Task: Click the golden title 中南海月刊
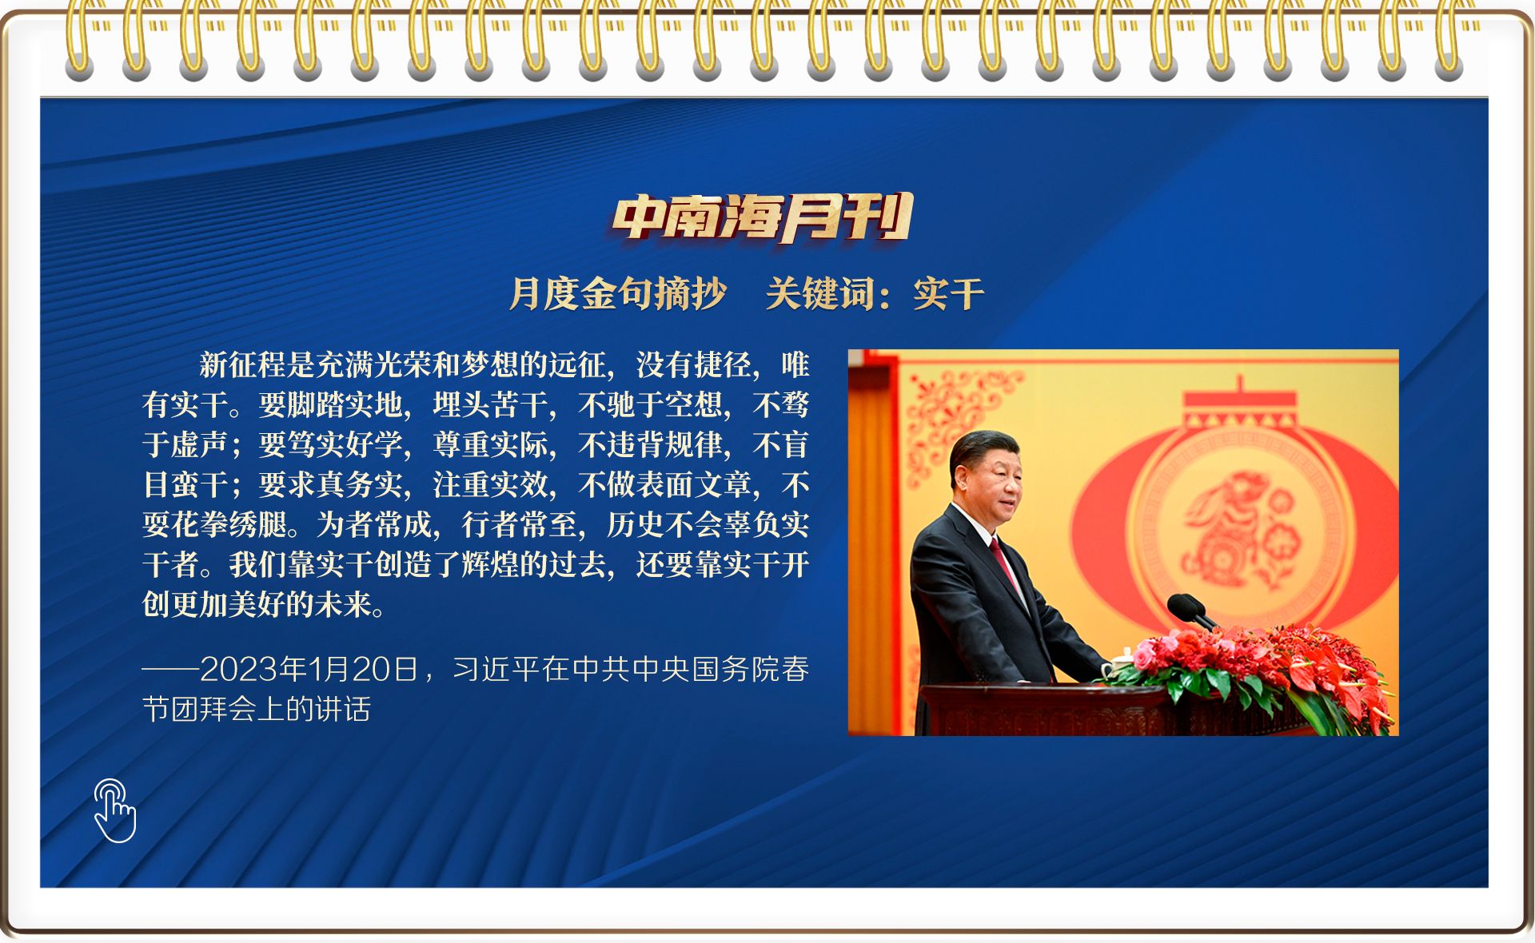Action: [763, 217]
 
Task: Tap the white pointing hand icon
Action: [115, 810]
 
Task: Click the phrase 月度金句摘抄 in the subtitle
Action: [618, 293]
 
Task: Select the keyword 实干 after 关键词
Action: [949, 293]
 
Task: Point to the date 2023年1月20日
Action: [309, 669]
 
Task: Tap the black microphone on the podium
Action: [1191, 611]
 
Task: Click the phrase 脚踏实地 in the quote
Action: [345, 404]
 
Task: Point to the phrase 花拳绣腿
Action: [229, 524]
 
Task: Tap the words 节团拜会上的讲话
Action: [257, 709]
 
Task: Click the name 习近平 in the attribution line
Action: [496, 669]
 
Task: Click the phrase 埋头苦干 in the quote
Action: [491, 404]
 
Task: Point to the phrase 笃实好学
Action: [345, 444]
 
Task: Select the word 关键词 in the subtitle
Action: [820, 293]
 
